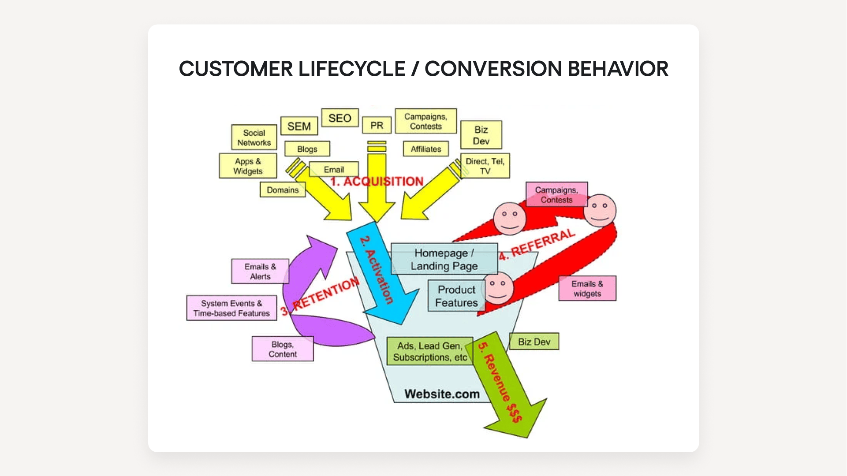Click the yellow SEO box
click(x=340, y=118)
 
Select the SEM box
click(x=299, y=126)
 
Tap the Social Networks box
click(x=254, y=138)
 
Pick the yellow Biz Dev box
click(x=481, y=135)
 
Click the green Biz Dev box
click(x=534, y=342)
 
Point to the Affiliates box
click(x=425, y=149)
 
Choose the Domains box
click(x=283, y=190)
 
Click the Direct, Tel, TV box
click(x=485, y=166)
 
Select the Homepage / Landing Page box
click(x=444, y=259)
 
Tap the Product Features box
click(x=456, y=296)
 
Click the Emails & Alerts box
click(x=260, y=271)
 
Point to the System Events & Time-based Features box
click(x=231, y=308)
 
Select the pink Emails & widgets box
click(x=587, y=289)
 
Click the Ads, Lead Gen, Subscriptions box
click(x=429, y=351)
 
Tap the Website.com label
click(x=442, y=394)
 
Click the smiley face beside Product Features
click(x=498, y=288)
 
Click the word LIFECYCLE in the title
click(x=352, y=69)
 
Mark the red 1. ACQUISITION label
click(x=377, y=182)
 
